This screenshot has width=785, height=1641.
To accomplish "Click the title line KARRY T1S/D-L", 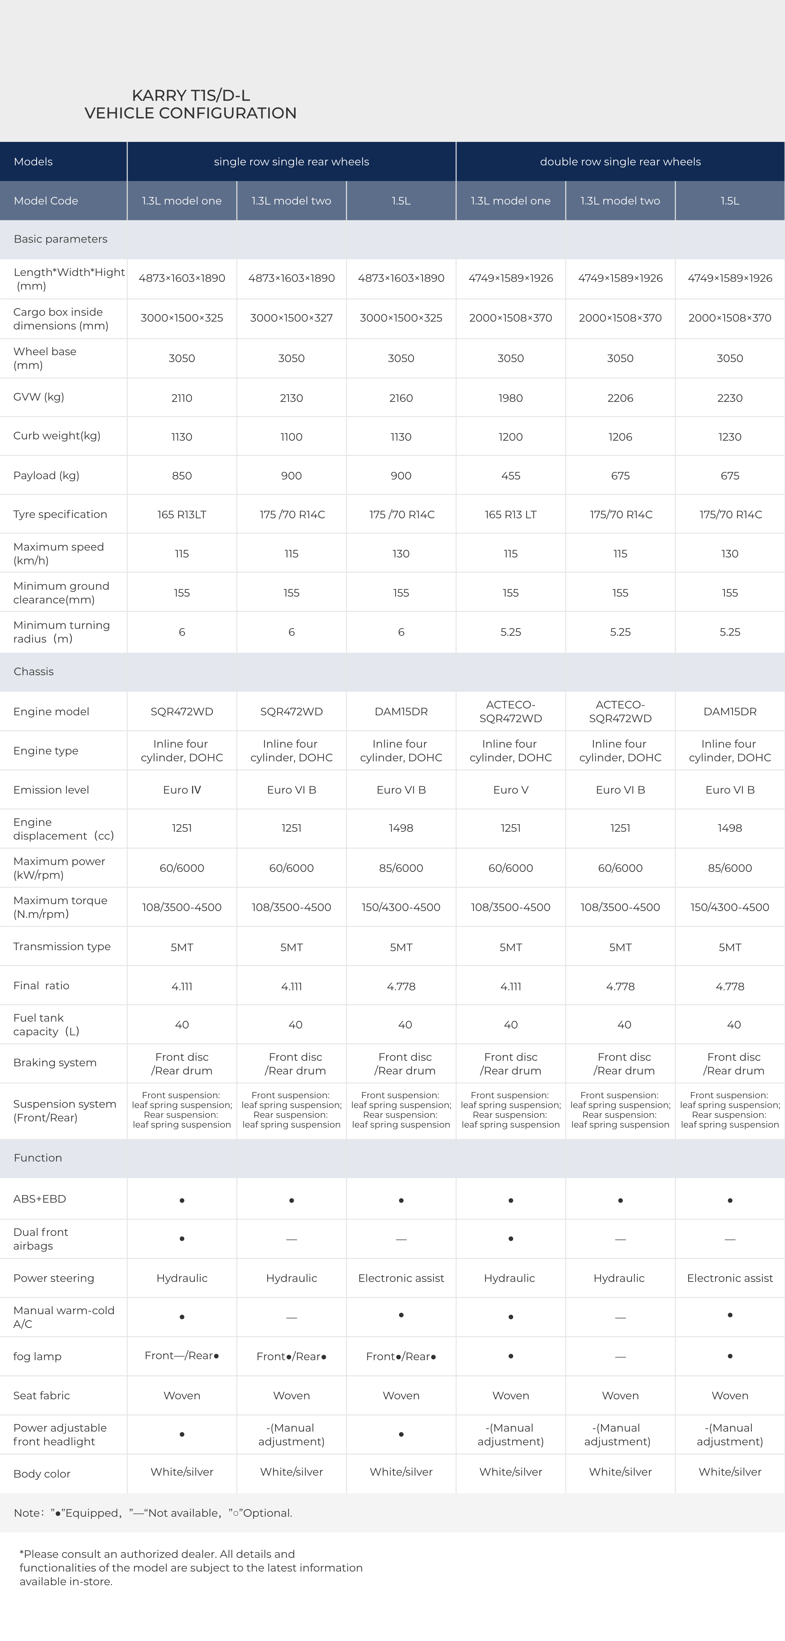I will [191, 96].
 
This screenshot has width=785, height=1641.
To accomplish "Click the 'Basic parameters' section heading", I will [61, 239].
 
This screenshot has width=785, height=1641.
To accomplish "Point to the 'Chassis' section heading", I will [34, 671].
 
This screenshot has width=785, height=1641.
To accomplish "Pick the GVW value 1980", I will [510, 398].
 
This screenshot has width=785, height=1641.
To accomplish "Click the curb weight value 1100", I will [291, 437].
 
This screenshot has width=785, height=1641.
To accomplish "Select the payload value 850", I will [182, 476].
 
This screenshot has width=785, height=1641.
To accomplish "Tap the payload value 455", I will [510, 476].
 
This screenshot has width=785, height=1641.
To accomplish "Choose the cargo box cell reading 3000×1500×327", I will [291, 318].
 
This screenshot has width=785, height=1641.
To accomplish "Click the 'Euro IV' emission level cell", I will [182, 790].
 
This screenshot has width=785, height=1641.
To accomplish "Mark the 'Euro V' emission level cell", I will [510, 790].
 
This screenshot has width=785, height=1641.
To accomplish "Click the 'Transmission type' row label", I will [62, 947].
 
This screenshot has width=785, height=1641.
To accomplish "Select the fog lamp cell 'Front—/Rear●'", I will [182, 1356].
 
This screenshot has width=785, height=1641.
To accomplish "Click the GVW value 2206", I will [620, 398].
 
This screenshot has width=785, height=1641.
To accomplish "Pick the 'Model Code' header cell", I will [46, 201].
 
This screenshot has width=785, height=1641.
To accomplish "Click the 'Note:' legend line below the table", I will [153, 1513].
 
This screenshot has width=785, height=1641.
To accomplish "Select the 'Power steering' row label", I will [54, 1278].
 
